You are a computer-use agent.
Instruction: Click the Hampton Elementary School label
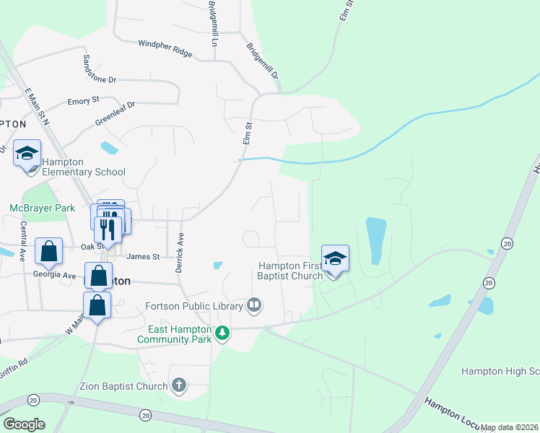coord(84,167)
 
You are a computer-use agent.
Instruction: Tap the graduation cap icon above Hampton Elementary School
coord(27,154)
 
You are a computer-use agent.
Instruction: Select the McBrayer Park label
coord(42,208)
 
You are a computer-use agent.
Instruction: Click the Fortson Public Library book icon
coord(254,305)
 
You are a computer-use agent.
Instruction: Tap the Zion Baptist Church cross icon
coord(179,385)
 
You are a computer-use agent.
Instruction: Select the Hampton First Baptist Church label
coord(290,271)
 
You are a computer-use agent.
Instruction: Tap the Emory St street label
coord(83,102)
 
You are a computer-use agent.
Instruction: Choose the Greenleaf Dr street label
coord(115,114)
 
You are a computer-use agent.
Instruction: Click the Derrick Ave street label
coord(179,253)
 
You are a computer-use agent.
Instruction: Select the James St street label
coord(142,256)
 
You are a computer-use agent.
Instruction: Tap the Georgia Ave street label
coord(54,275)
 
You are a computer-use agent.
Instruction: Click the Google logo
coord(24,424)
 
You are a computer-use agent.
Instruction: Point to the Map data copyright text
coord(509,427)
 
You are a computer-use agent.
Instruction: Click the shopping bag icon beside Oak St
coord(49,252)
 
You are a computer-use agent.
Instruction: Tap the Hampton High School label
coord(500,371)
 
